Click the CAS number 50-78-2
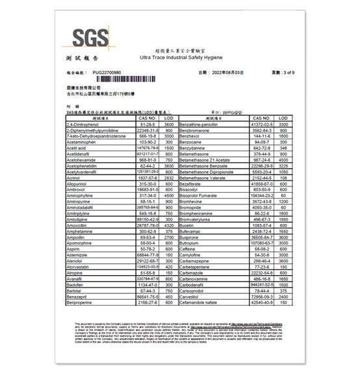click(x=147, y=248)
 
